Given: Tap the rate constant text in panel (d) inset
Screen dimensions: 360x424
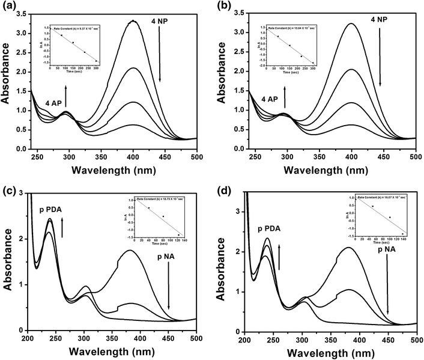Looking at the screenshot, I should point(381,197).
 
